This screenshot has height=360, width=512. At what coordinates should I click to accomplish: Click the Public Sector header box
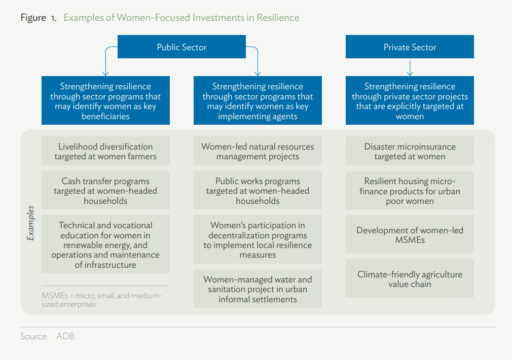pos(181,47)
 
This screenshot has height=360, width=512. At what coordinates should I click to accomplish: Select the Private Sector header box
pos(410,47)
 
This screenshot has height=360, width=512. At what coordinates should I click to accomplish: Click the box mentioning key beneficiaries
pos(105,100)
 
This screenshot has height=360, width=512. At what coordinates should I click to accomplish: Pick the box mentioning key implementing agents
pos(258,100)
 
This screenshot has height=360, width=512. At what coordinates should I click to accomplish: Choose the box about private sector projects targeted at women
pos(410,100)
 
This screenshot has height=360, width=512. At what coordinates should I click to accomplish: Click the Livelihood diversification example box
pos(105,151)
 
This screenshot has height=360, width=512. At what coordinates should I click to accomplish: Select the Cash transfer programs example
pos(105,190)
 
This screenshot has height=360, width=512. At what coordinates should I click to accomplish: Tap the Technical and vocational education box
pos(105,244)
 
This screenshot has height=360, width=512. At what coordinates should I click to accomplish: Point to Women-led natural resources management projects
pos(258,151)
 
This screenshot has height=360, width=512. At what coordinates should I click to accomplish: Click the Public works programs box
pos(258,190)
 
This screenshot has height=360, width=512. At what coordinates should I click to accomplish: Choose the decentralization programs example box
pos(258,239)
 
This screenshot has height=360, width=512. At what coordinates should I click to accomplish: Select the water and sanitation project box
pos(258,289)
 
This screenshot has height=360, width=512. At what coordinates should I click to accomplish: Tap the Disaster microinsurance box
pos(410,151)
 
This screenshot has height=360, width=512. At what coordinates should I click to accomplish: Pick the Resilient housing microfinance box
pos(410,191)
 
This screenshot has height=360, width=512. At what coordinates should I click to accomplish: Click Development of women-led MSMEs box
pos(410,234)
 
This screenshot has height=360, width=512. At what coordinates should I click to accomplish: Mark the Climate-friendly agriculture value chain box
pos(410,278)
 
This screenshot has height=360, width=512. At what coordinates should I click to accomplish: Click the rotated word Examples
pos(30,223)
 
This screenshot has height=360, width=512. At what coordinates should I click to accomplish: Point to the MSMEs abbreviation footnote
pos(101,300)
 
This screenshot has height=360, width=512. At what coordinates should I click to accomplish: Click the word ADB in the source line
pos(66,336)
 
